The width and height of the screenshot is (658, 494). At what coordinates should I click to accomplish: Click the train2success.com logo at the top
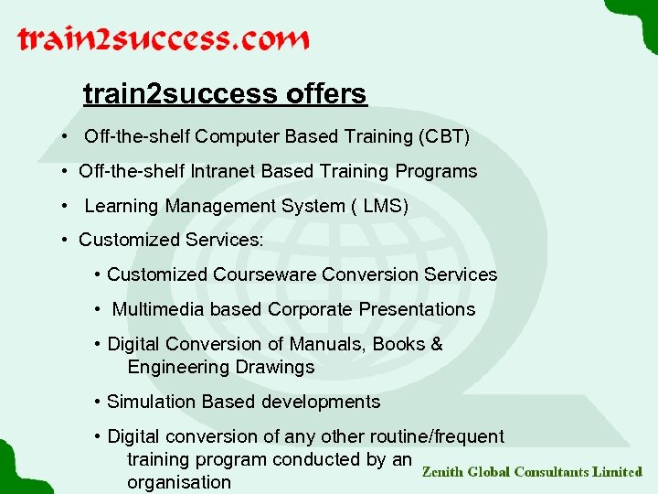[164, 40]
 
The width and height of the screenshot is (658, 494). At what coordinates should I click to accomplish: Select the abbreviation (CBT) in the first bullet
[444, 137]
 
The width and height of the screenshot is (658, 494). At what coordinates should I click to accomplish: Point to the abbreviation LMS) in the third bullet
[386, 206]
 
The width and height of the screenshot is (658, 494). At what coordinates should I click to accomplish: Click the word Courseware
[259, 274]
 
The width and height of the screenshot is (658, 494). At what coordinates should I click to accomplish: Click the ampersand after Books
[437, 344]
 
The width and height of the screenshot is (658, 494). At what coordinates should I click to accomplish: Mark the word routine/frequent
[440, 436]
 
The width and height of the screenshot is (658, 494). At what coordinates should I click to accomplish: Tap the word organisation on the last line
[179, 482]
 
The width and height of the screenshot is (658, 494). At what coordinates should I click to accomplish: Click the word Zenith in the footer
[442, 472]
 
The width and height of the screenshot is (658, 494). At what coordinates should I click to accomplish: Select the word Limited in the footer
[617, 472]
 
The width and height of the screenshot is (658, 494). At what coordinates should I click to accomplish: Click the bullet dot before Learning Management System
[67, 206]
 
